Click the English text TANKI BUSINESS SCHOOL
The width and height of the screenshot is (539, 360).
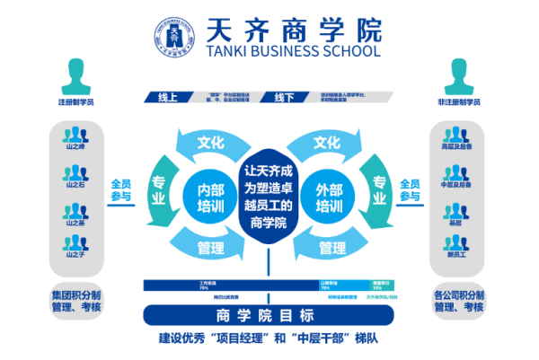point(294,51)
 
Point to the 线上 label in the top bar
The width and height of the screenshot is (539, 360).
point(168,97)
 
